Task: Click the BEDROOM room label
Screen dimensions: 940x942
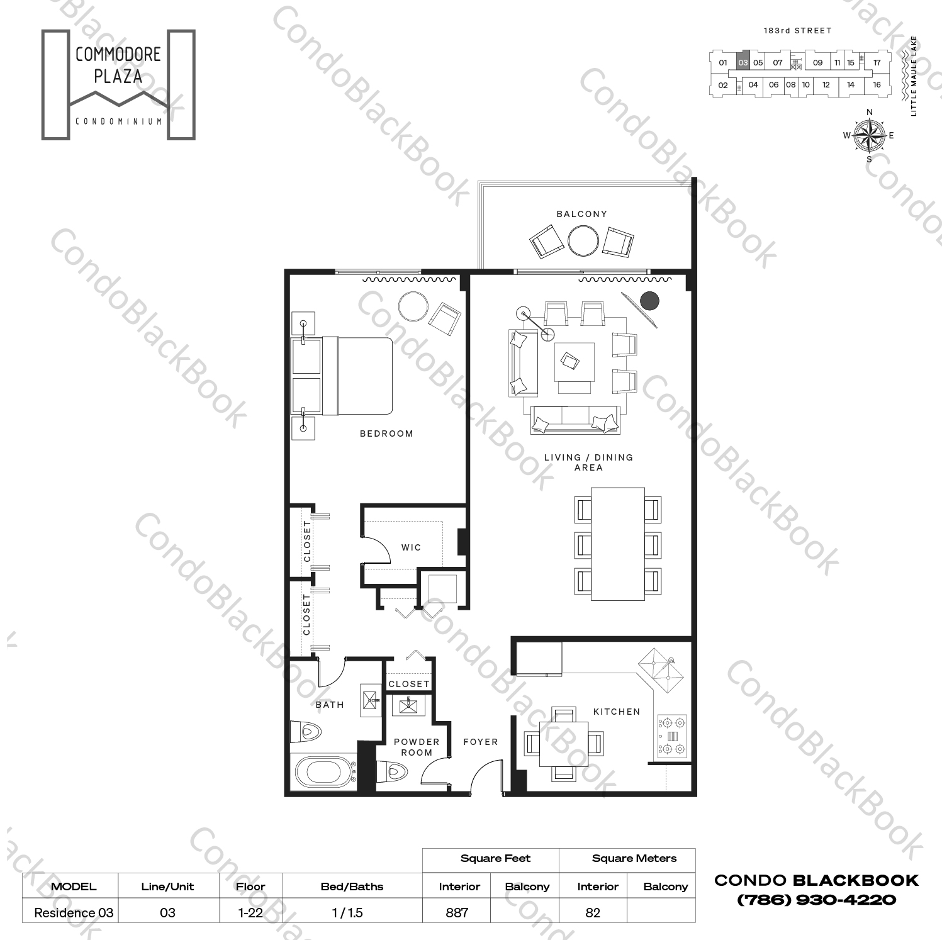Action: click(x=386, y=434)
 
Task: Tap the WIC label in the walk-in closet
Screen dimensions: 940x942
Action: click(x=412, y=547)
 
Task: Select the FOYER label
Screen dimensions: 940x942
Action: click(x=481, y=742)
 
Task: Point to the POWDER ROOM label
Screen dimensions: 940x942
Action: click(x=417, y=747)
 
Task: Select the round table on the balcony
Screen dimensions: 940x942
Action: click(x=583, y=241)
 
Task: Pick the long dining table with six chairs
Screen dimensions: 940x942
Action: click(x=617, y=544)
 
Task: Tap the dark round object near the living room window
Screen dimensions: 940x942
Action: click(x=649, y=301)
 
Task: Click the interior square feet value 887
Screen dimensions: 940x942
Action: click(x=457, y=912)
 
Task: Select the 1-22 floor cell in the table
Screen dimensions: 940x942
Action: click(x=250, y=912)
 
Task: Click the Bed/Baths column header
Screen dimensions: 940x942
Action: click(x=352, y=887)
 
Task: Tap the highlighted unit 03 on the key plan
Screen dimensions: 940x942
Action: click(x=743, y=62)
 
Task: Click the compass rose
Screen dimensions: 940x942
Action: click(x=869, y=135)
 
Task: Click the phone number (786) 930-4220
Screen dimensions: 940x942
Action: click(x=816, y=900)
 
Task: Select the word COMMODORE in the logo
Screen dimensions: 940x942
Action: click(x=118, y=55)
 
